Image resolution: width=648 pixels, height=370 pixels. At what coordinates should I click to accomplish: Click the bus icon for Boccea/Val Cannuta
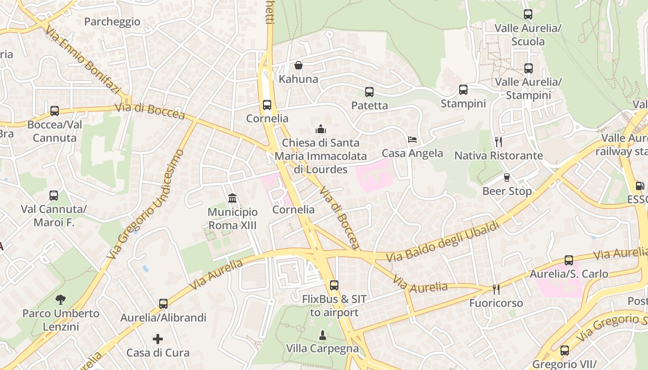pyautogui.click(x=55, y=111)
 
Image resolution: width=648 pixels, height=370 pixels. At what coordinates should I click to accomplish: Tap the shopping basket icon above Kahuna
pyautogui.click(x=299, y=65)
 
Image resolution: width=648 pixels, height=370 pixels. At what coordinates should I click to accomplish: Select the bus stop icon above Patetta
pyautogui.click(x=369, y=92)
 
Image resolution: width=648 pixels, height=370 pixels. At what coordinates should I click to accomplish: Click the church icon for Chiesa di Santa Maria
pyautogui.click(x=321, y=129)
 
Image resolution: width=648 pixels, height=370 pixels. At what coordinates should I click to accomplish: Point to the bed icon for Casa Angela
pyautogui.click(x=412, y=139)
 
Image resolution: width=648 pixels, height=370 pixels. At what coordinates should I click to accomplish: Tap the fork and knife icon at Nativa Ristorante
pyautogui.click(x=498, y=142)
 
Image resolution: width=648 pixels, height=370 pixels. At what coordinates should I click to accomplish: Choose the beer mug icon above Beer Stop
pyautogui.click(x=507, y=177)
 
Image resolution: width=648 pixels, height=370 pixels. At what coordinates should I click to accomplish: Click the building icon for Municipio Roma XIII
pyautogui.click(x=232, y=198)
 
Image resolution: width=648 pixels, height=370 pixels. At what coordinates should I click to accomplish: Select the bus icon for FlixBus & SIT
pyautogui.click(x=334, y=285)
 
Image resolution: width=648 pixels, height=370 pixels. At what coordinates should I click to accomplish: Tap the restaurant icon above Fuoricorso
pyautogui.click(x=496, y=289)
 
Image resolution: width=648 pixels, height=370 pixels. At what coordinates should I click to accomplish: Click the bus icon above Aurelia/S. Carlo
pyautogui.click(x=569, y=260)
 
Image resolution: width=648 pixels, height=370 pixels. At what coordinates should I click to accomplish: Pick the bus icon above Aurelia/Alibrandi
pyautogui.click(x=163, y=304)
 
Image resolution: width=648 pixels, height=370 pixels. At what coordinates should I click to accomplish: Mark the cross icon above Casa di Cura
pyautogui.click(x=158, y=339)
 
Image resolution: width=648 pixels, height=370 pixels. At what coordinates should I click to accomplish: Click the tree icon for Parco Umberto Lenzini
pyautogui.click(x=61, y=299)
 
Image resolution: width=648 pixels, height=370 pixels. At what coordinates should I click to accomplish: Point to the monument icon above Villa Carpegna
pyautogui.click(x=323, y=334)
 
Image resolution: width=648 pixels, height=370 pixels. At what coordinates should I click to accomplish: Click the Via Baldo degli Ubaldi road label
pyautogui.click(x=443, y=242)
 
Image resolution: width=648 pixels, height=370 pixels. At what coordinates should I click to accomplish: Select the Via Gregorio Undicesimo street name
pyautogui.click(x=145, y=204)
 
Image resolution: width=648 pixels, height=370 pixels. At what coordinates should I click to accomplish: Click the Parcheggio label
pyautogui.click(x=112, y=21)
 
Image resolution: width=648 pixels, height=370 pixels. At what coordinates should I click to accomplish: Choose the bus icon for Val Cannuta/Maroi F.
pyautogui.click(x=54, y=196)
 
